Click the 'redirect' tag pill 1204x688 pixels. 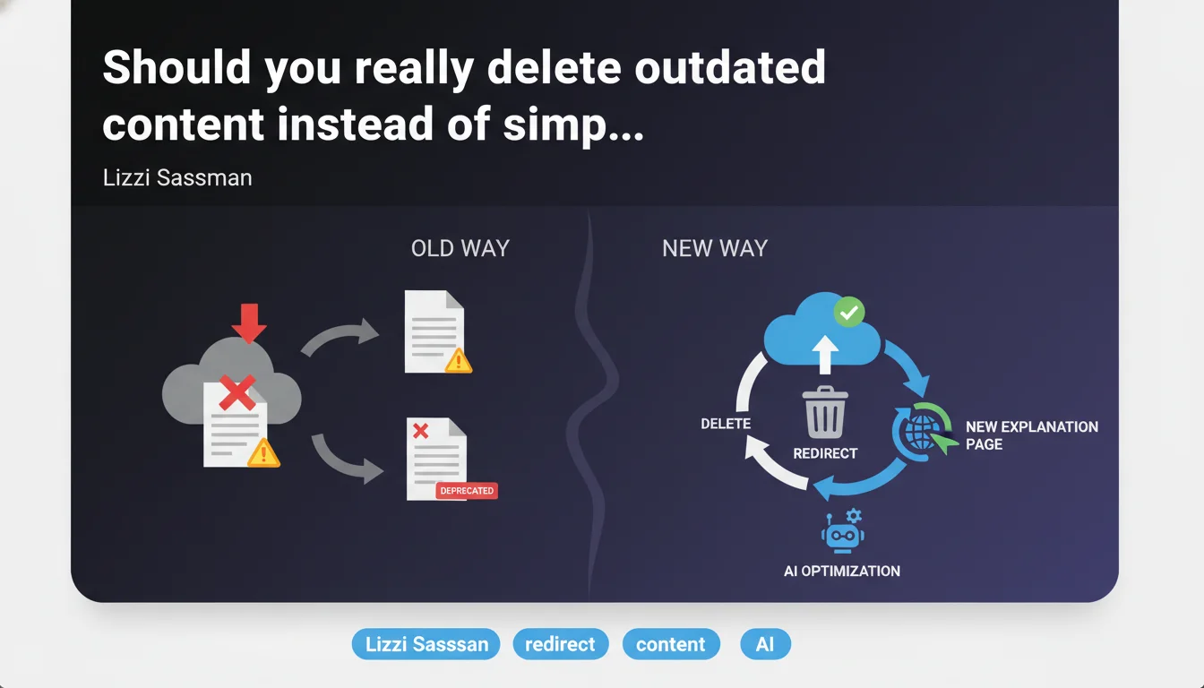560,644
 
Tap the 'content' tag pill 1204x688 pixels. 671,644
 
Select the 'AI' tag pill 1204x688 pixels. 765,644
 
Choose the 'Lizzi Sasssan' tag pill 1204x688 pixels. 426,644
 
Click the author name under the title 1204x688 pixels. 177,178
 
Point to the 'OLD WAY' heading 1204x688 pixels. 460,248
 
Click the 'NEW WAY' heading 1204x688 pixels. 715,248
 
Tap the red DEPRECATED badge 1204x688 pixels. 467,491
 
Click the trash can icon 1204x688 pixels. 825,412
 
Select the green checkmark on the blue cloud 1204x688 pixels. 849,312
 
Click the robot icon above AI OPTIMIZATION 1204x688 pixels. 842,531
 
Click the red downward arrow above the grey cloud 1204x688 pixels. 249,323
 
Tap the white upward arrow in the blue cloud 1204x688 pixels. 825,355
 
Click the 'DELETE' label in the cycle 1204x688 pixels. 726,424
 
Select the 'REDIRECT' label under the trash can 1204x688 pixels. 825,453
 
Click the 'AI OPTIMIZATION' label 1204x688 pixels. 842,571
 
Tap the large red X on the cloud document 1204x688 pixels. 237,393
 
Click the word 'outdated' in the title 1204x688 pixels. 730,67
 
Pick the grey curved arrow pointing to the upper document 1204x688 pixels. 339,334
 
